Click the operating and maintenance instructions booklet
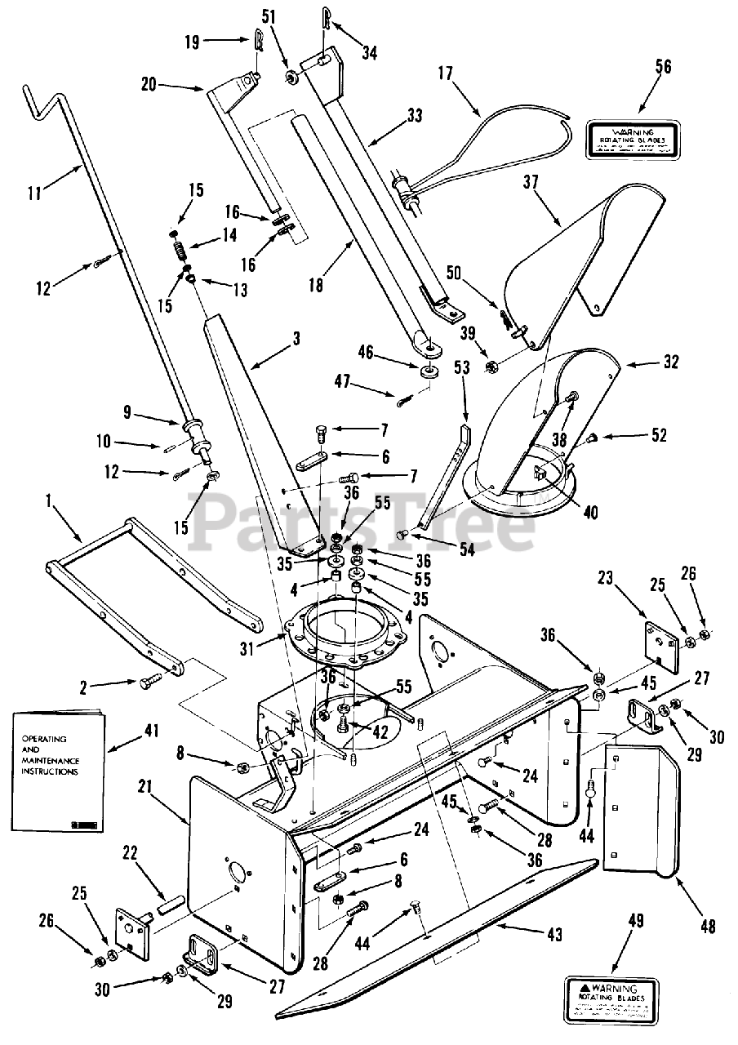pyautogui.click(x=57, y=767)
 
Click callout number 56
pyautogui.click(x=664, y=67)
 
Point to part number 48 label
pyautogui.click(x=707, y=926)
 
